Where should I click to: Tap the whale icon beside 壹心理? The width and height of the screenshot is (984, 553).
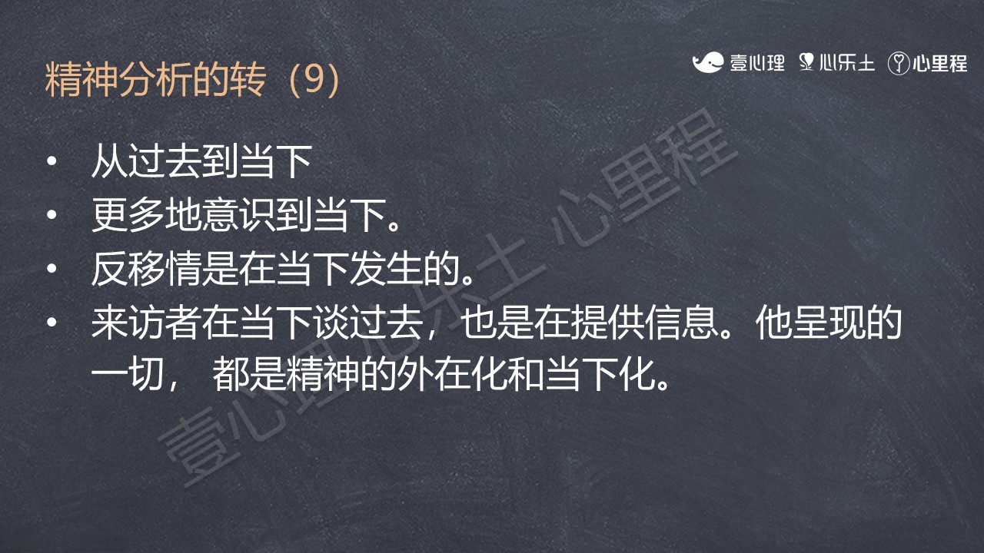[708, 62]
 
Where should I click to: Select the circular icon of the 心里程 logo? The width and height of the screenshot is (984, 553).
[899, 63]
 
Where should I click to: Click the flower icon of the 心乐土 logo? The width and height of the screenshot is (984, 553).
[806, 62]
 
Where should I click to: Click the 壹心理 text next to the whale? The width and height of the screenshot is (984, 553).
[757, 63]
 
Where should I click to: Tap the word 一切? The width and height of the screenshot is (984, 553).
[128, 376]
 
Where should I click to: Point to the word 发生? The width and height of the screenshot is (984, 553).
[386, 269]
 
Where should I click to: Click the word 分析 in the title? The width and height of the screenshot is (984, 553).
[155, 79]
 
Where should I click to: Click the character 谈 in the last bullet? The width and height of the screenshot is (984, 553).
[331, 323]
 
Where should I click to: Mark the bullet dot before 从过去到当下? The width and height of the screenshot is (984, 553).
[52, 161]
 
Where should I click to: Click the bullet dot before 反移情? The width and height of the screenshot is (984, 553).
[52, 269]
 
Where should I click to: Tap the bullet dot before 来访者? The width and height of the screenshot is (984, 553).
[52, 323]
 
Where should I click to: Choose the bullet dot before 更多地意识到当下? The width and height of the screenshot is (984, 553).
[52, 215]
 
